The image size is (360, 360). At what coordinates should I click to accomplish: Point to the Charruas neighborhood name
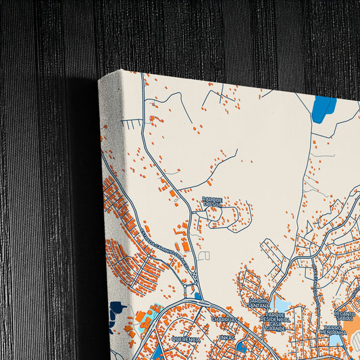[224, 319]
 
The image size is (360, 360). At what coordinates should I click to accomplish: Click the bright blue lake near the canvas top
[324, 107]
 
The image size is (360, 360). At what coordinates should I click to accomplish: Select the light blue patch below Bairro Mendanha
[336, 340]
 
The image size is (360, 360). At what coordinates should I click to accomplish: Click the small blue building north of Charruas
[197, 296]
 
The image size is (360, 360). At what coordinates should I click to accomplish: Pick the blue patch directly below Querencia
[157, 352]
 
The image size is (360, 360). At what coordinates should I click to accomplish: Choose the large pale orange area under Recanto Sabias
[353, 327]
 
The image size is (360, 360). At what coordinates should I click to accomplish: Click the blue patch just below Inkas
[241, 347]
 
